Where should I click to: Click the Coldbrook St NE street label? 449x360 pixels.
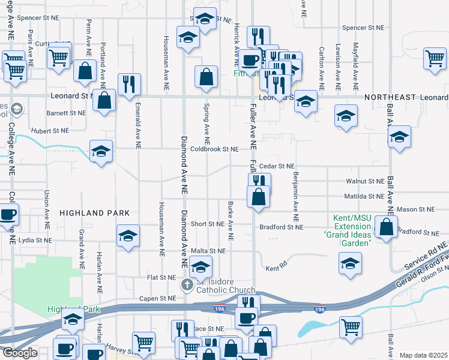(214, 149)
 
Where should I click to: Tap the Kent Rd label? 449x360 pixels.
(276, 268)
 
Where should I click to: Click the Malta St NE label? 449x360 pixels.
(208, 251)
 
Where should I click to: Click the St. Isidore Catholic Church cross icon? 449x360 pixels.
(187, 284)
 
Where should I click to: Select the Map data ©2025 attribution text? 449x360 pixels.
(423, 355)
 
